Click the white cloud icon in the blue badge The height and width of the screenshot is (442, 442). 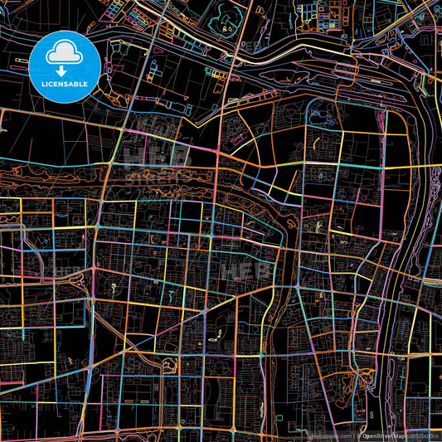[65, 55]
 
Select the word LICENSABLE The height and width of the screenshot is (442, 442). [65, 85]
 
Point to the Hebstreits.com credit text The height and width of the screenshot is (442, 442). [330, 435]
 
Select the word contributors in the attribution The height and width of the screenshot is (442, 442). [422, 435]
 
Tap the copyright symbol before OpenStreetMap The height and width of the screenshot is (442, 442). [360, 435]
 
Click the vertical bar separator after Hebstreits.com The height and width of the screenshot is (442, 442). [354, 435]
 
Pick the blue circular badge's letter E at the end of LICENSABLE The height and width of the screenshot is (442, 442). [85, 85]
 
